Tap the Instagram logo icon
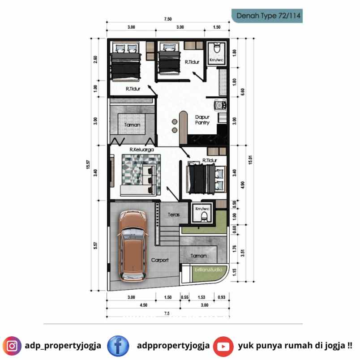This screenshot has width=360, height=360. point(12,346)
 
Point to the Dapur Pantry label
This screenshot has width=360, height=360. point(202,120)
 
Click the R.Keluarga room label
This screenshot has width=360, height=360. point(139,150)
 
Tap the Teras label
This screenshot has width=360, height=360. point(174,214)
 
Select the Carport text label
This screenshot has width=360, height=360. point(159,260)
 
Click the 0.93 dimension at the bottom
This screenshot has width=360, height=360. point(221,297)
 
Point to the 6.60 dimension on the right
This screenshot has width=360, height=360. point(242,92)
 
